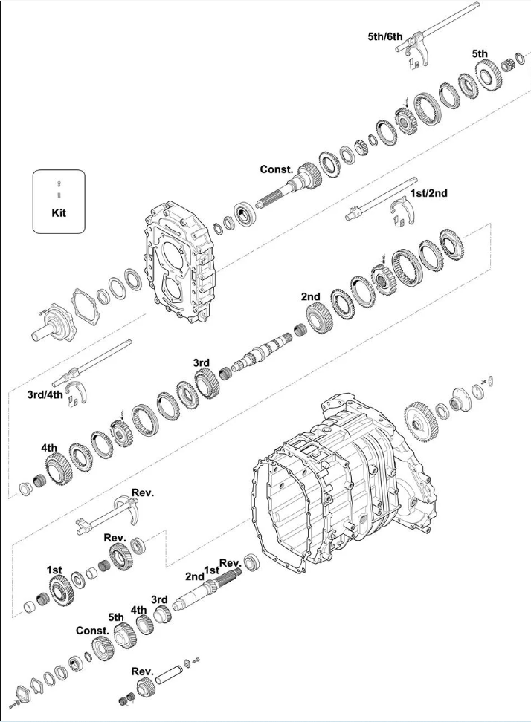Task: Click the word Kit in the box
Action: (x=59, y=212)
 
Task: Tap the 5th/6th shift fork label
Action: (x=385, y=36)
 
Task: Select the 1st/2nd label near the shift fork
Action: (x=428, y=193)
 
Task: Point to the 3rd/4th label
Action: (x=45, y=394)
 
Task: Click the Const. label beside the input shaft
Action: (x=277, y=169)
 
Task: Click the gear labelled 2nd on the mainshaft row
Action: (x=319, y=319)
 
